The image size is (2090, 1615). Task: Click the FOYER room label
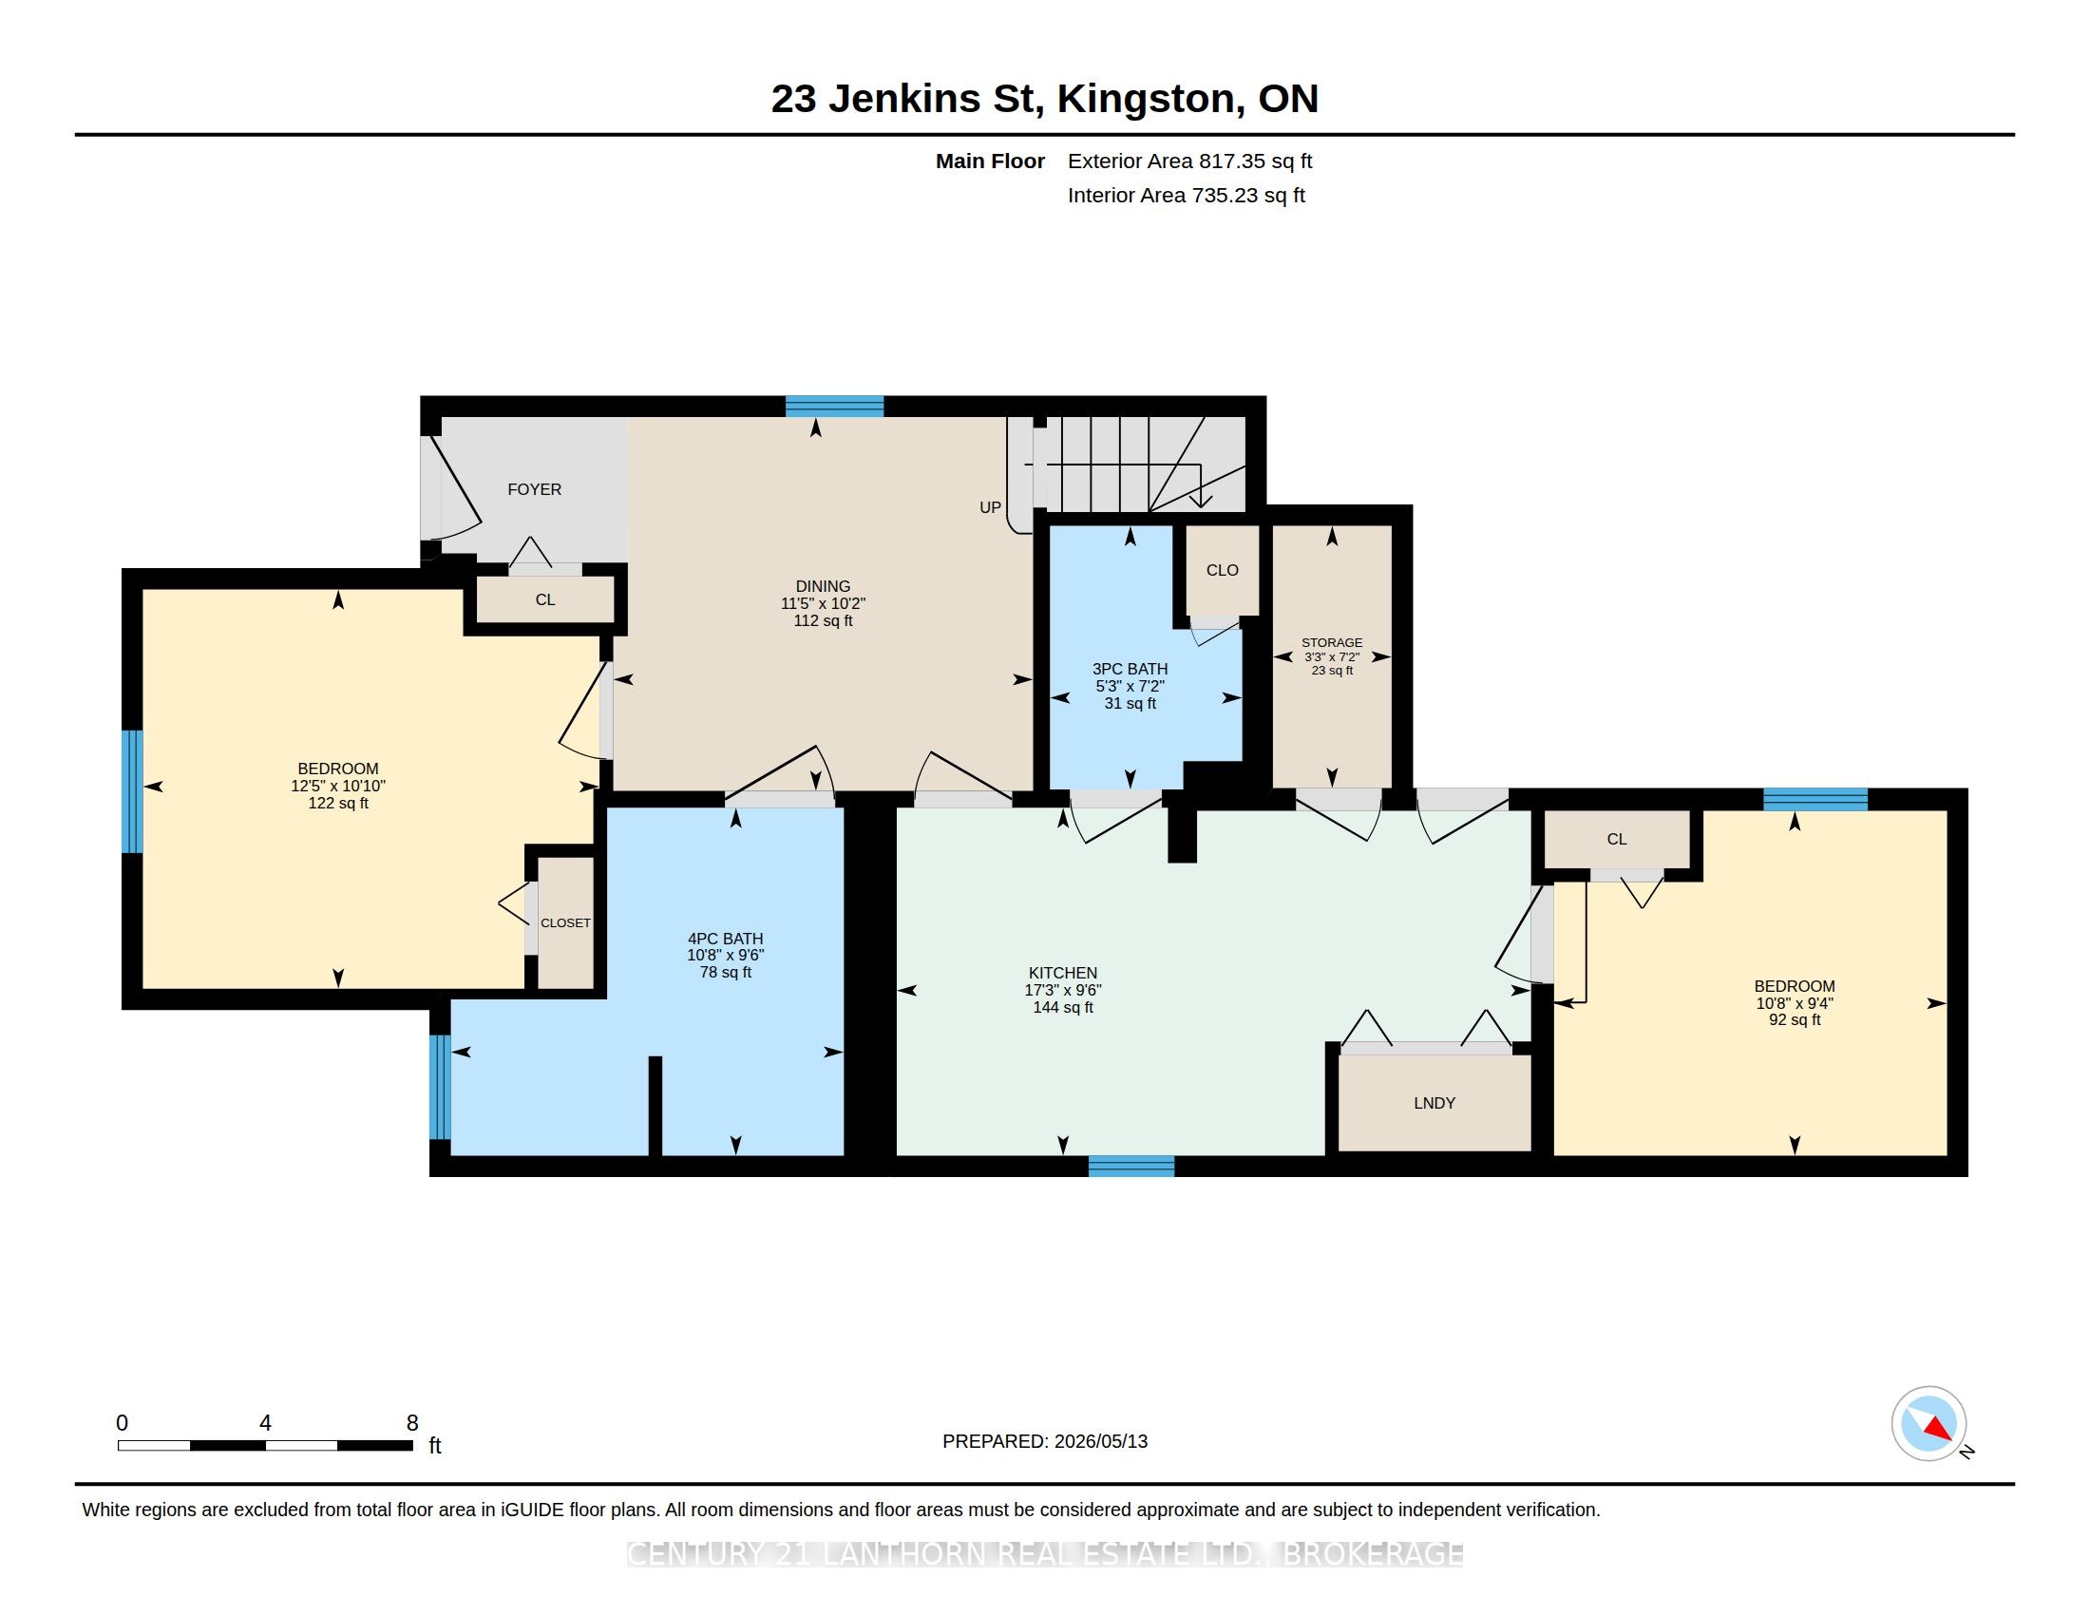534,489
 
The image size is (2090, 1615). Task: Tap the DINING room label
823,586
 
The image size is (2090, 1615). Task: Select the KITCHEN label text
1062,973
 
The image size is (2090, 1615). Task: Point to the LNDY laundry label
1434,1103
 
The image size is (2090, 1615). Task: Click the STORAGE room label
1332,643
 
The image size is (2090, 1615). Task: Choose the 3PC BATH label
1130,669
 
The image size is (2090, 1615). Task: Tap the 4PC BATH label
726,939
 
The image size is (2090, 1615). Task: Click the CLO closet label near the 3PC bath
1222,570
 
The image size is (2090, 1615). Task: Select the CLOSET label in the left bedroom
565,923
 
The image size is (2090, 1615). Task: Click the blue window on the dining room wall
834,406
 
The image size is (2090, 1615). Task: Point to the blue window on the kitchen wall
1131,1166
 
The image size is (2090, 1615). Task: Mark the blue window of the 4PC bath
439,1087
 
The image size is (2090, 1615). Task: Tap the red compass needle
1937,1429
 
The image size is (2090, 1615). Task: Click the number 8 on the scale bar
412,1423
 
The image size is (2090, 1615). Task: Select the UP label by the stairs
991,508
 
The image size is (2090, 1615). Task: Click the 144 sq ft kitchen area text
1062,1007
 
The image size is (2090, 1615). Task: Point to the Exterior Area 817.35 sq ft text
1189,161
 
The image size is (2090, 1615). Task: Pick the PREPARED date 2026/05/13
1099,1441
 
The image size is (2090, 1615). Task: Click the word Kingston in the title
1146,99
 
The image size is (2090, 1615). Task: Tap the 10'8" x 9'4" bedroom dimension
1795,1003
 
